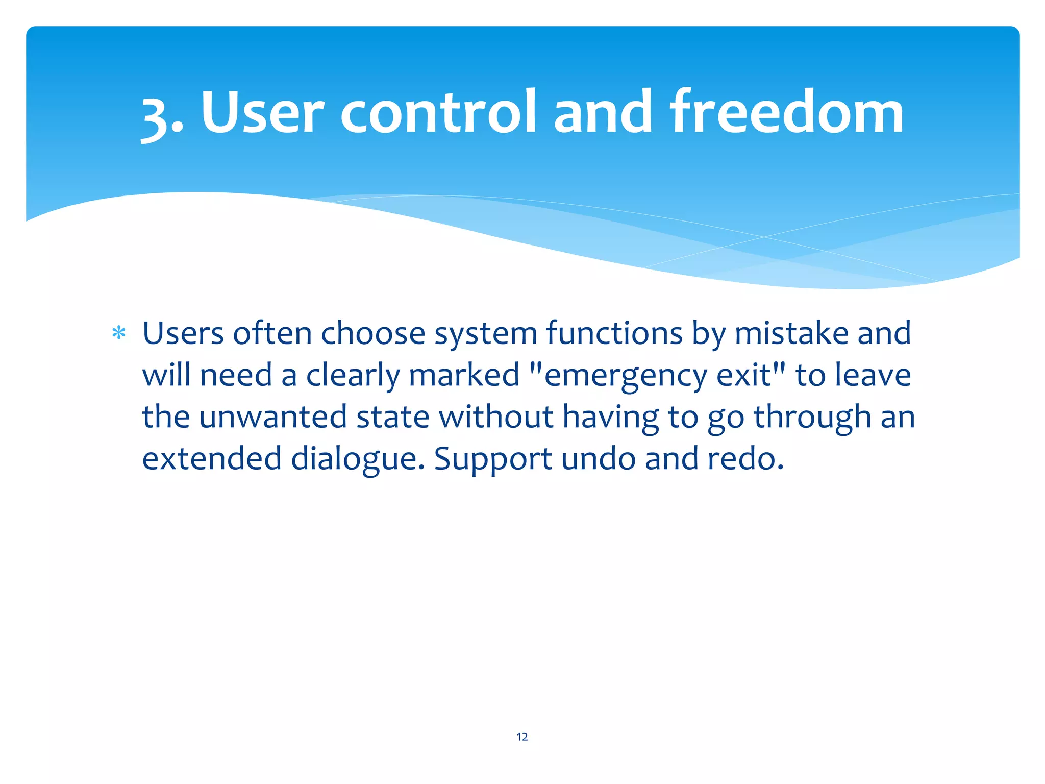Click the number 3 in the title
(156, 116)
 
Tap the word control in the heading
(438, 112)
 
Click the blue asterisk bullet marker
(119, 334)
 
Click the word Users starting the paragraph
(183, 334)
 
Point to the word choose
(373, 334)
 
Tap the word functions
(614, 334)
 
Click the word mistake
(791, 334)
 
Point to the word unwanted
(272, 418)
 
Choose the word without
(496, 416)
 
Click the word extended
(212, 458)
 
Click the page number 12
(522, 737)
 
